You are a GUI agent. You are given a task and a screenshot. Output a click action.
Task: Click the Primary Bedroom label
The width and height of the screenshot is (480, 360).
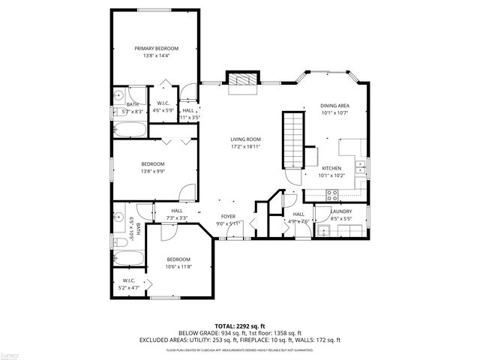click(156, 48)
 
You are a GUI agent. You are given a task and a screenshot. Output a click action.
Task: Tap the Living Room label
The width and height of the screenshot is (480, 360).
click(244, 139)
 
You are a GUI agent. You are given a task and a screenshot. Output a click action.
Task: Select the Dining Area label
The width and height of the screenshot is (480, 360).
click(333, 106)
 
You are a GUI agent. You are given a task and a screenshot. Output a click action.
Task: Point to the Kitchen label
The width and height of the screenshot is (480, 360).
click(332, 168)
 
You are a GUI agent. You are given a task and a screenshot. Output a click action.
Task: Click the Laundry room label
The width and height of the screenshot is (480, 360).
click(341, 212)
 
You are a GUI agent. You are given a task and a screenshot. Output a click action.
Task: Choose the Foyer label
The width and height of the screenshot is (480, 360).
click(227, 216)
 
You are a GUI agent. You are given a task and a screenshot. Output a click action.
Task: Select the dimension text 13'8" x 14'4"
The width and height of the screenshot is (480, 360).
click(156, 55)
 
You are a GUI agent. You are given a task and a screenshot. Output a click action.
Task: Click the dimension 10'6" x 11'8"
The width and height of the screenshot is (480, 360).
click(178, 266)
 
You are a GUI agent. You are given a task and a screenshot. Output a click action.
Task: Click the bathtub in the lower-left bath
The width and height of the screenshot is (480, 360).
click(128, 259)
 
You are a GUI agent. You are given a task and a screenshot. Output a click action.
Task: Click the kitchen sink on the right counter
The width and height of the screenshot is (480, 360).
click(361, 166)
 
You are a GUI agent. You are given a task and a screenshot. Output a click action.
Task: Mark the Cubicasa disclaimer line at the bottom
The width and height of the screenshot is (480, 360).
click(239, 349)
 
